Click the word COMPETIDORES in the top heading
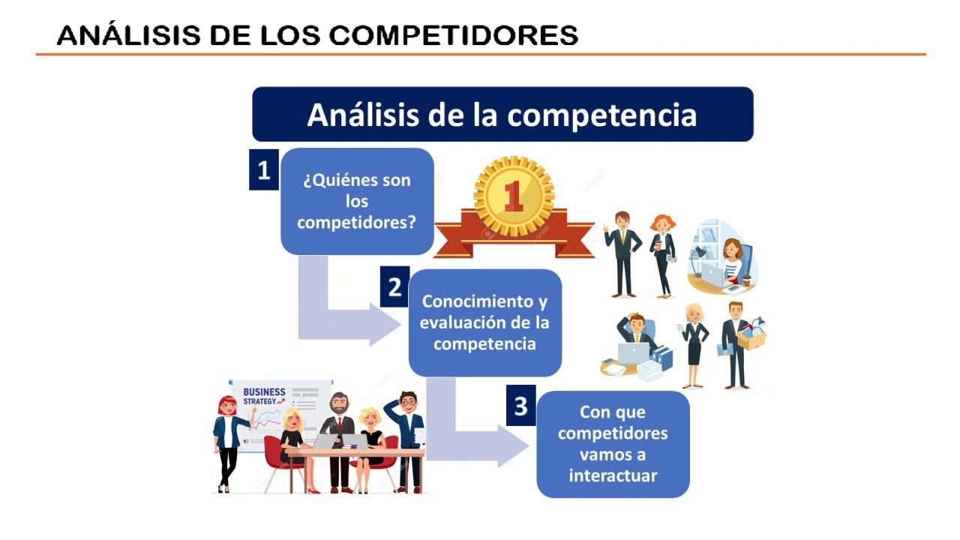point(454,35)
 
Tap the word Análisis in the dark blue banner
point(362,115)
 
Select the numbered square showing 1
point(263,169)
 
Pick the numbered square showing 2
point(394,286)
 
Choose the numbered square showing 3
point(520,406)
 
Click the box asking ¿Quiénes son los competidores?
point(357,202)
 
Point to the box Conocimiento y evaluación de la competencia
point(484,322)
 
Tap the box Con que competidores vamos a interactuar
point(613,444)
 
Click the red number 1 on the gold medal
point(514,196)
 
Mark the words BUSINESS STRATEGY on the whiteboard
point(264,397)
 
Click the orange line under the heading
point(481,55)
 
